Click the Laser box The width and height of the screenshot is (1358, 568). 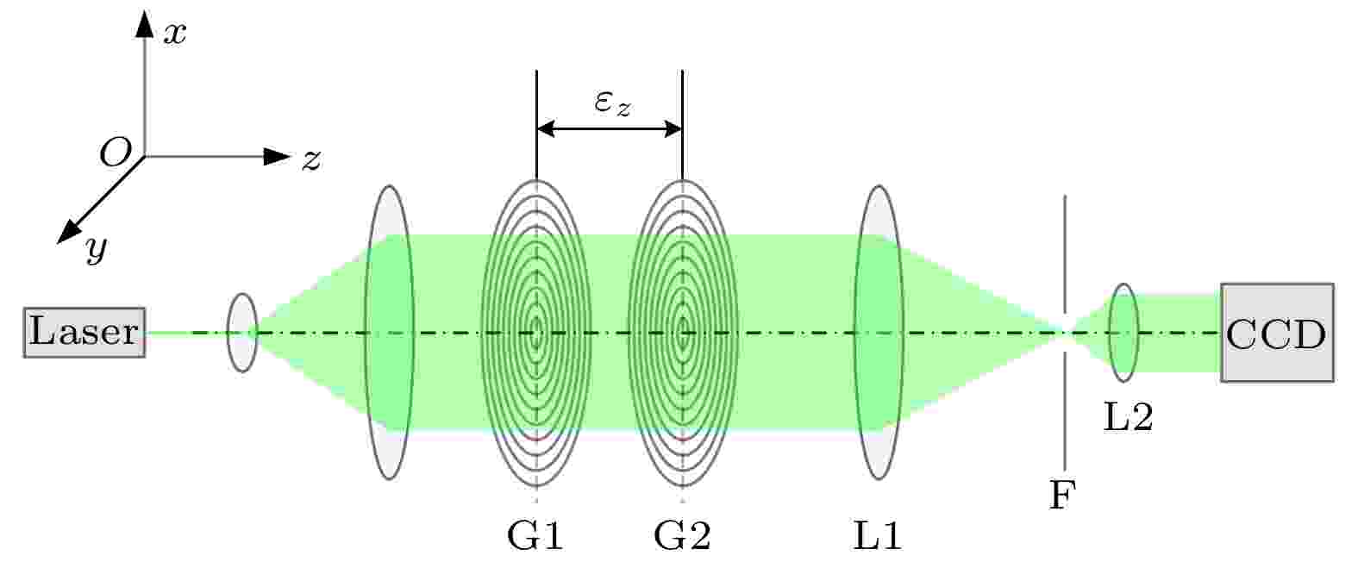(x=84, y=332)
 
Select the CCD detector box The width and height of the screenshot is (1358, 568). (x=1277, y=332)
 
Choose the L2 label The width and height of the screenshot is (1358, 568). (x=1128, y=417)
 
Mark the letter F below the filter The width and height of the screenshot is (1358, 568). (x=1063, y=495)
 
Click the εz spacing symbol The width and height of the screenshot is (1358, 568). (x=612, y=103)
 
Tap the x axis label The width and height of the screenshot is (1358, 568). (x=175, y=33)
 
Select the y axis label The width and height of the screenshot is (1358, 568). (x=97, y=248)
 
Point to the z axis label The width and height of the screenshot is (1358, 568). (x=311, y=159)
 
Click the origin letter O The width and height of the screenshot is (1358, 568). (x=116, y=152)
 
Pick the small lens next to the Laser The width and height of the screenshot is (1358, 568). (x=242, y=332)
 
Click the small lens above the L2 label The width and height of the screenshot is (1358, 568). (x=1124, y=332)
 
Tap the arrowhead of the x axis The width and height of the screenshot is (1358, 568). (x=144, y=24)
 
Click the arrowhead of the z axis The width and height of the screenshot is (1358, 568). (x=277, y=156)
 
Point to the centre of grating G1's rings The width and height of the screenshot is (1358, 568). (x=536, y=333)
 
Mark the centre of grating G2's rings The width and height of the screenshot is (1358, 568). (x=683, y=333)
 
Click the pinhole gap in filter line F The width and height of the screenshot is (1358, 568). (x=1065, y=332)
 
